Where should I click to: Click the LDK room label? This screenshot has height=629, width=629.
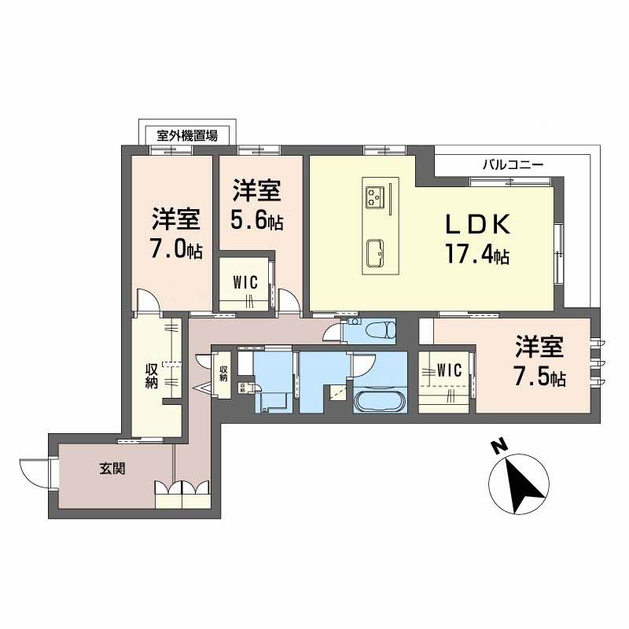tap(479, 224)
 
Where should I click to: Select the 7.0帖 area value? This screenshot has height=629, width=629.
tap(175, 248)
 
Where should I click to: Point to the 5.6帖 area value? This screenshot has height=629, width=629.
tap(257, 220)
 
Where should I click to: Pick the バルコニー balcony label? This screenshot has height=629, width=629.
tap(513, 164)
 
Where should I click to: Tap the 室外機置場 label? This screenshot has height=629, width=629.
tap(187, 135)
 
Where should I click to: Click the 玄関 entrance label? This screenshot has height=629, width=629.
tap(112, 468)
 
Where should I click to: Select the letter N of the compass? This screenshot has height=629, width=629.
tap(498, 447)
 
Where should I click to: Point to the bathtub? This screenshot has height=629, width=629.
tap(380, 399)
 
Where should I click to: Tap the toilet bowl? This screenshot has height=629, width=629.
tap(387, 329)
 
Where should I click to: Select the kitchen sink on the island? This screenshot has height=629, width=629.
tap(376, 254)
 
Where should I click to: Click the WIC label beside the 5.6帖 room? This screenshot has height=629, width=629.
tap(245, 283)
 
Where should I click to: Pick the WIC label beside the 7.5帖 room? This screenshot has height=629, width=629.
tap(449, 370)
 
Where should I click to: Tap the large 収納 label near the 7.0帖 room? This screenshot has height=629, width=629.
tap(151, 376)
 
